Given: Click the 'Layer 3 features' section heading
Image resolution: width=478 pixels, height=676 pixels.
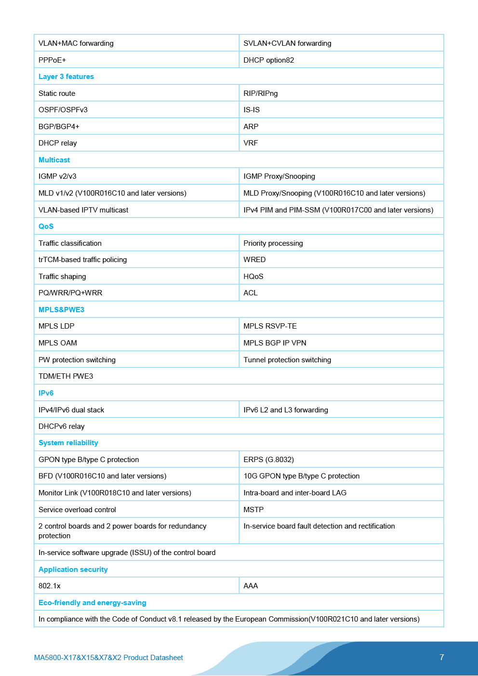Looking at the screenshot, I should [66, 77].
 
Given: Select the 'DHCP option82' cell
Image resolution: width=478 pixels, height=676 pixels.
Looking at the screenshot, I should [268, 60].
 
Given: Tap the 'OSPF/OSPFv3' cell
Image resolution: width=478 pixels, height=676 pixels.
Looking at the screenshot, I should [63, 110].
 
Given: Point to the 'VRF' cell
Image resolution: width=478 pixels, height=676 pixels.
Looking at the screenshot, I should [251, 143].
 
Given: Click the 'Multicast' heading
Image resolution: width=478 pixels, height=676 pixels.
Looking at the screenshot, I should [54, 160].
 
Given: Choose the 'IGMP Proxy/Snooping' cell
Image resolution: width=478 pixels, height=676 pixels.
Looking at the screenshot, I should [279, 176].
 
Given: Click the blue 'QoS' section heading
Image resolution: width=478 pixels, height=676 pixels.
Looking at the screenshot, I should [46, 226].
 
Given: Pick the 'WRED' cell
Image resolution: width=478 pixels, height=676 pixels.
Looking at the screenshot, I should [254, 260].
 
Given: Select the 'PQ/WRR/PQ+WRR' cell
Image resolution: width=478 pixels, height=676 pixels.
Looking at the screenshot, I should [70, 293].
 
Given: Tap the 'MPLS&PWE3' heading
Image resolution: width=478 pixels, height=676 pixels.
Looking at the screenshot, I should [61, 310].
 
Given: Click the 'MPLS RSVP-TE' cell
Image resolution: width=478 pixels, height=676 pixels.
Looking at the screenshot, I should [270, 326].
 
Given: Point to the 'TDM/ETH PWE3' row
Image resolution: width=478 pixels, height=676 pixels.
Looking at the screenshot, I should [66, 376].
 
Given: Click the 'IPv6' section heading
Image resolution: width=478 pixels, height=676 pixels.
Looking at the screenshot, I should [46, 393].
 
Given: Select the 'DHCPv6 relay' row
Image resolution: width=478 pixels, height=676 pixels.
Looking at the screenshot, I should [62, 426].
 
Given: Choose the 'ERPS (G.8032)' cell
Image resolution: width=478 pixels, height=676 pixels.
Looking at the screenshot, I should [268, 460].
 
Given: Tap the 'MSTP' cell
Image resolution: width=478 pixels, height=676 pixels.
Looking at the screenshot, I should [253, 510].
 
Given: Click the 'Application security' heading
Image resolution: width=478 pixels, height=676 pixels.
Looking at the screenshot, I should [73, 570].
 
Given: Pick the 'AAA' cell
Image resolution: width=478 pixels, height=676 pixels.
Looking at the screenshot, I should [251, 586].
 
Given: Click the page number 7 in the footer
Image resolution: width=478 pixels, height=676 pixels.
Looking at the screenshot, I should [441, 657].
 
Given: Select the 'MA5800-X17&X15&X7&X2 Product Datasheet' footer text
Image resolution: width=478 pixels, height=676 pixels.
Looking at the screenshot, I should [108, 658].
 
